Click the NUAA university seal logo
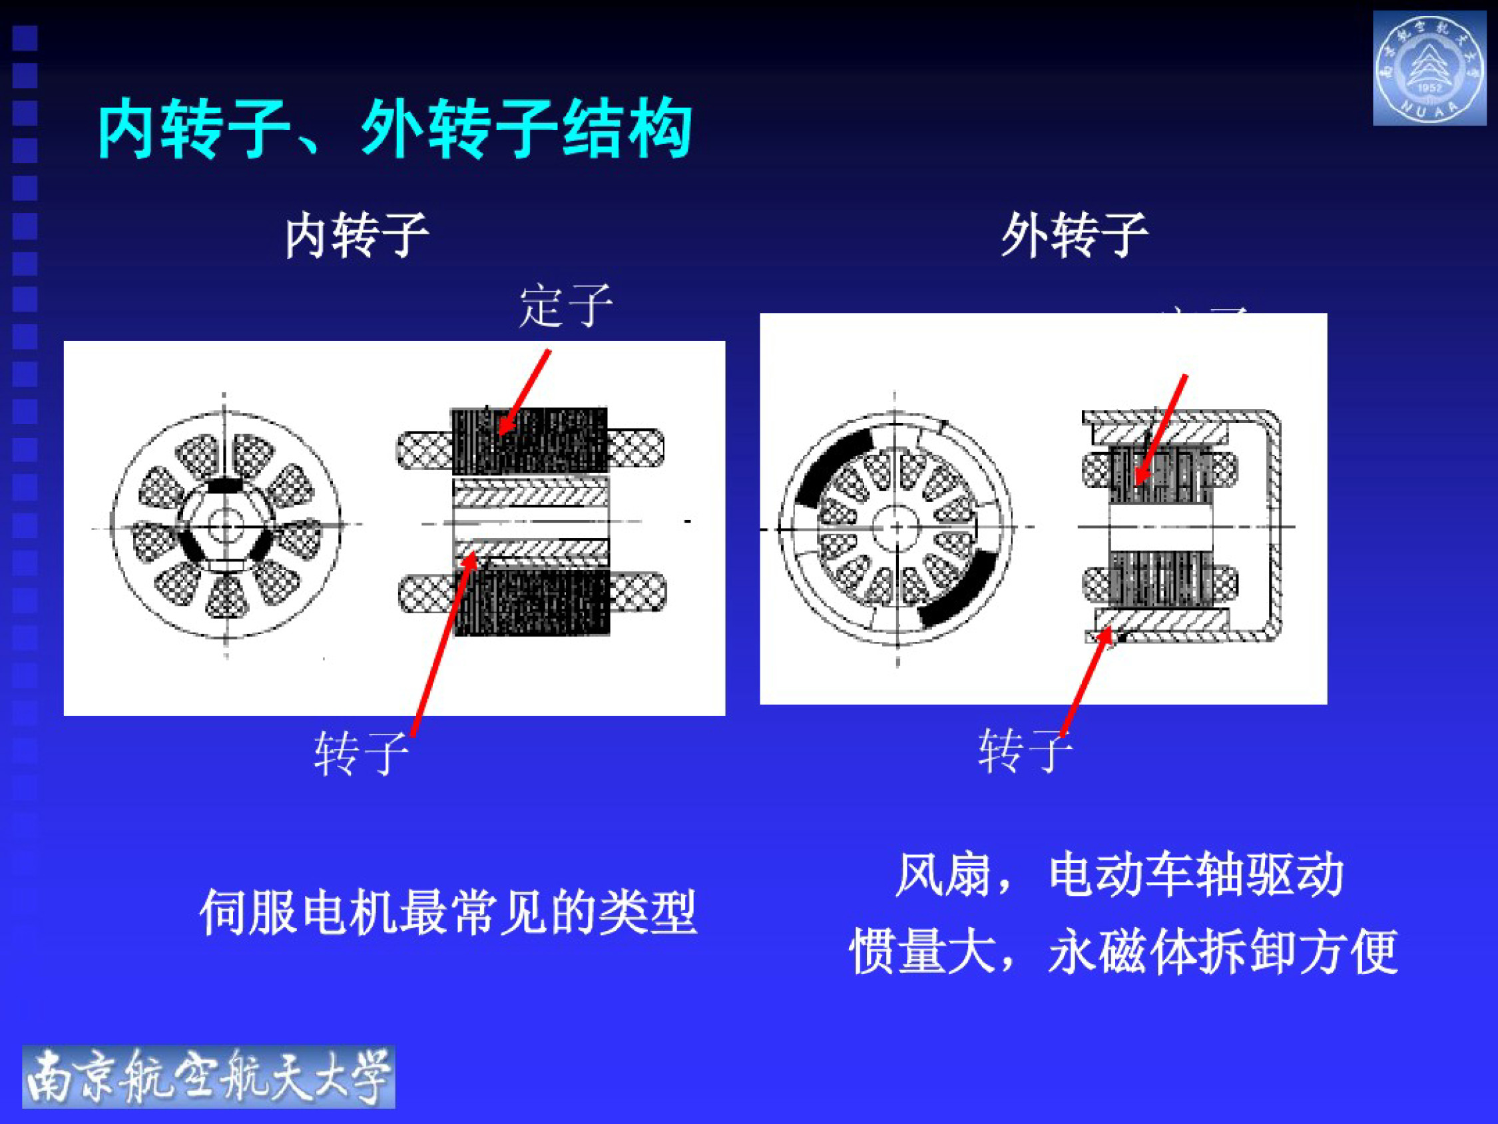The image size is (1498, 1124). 1429,68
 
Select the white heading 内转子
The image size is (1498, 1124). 356,235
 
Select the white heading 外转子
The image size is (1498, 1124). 1074,235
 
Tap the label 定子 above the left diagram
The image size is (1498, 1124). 565,306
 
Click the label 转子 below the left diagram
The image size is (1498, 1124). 360,752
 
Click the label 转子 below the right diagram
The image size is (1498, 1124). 1024,750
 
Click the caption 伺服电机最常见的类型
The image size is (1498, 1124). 447,913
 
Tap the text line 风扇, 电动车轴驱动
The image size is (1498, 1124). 1120,875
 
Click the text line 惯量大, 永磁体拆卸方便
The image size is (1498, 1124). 1124,952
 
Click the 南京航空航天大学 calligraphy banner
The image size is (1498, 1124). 208,1077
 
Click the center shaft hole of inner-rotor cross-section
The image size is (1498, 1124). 224,525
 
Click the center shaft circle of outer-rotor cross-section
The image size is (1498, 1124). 897,528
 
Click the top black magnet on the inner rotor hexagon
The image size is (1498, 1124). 224,485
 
